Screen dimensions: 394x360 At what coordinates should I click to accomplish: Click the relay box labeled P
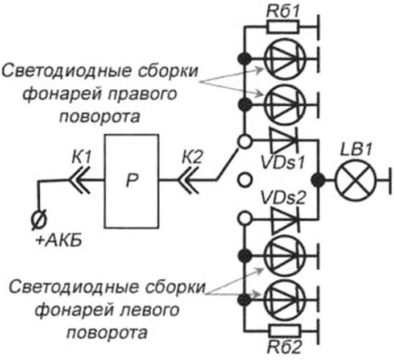click(132, 181)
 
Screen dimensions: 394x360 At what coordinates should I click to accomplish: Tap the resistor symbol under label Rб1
click(283, 27)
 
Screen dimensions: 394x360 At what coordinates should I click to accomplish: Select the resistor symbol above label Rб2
click(284, 331)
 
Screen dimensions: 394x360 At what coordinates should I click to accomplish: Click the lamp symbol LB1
click(356, 180)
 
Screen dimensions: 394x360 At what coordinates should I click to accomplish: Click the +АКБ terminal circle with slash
click(39, 219)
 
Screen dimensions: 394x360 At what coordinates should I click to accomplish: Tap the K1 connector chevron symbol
click(79, 180)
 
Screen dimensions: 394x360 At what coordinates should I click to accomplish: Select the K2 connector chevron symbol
click(188, 180)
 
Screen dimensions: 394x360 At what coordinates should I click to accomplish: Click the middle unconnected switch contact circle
click(244, 180)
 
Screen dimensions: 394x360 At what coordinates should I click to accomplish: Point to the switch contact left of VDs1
click(244, 142)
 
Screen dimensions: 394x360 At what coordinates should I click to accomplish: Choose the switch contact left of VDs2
click(244, 218)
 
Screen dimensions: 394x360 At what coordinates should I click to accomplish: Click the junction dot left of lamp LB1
click(318, 180)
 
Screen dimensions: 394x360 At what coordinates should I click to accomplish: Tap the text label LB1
click(356, 151)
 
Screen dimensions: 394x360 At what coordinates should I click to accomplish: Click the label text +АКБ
click(59, 241)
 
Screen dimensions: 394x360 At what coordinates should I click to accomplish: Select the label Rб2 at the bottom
click(284, 347)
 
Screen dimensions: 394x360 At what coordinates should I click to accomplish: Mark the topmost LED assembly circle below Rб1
click(285, 59)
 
